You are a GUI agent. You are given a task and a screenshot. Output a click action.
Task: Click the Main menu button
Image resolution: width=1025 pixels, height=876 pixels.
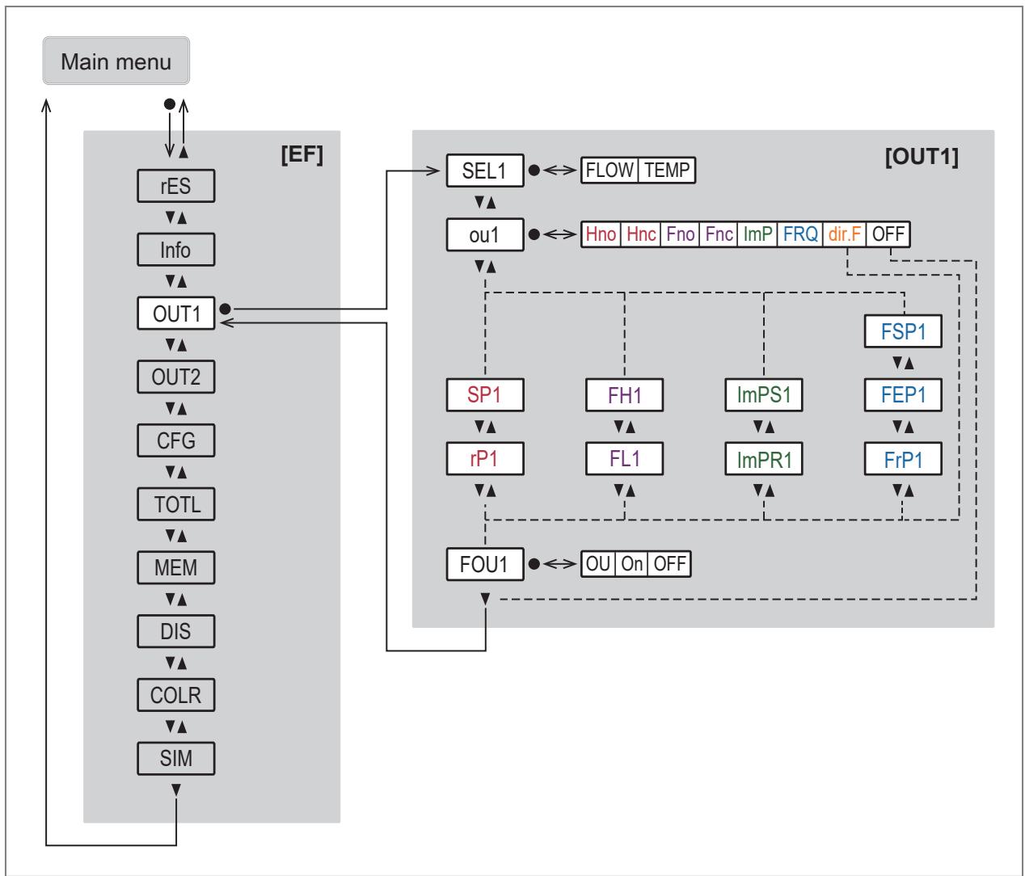pyautogui.click(x=116, y=61)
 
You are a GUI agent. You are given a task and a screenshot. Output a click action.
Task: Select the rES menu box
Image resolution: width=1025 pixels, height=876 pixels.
pyautogui.click(x=176, y=186)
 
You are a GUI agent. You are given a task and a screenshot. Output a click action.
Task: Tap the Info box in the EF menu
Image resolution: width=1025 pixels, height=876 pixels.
pyautogui.click(x=176, y=250)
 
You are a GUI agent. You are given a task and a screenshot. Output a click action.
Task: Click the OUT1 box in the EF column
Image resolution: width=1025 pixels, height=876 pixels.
pyautogui.click(x=176, y=314)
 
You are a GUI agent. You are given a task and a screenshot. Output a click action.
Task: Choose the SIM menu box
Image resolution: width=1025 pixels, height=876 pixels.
pyautogui.click(x=176, y=758)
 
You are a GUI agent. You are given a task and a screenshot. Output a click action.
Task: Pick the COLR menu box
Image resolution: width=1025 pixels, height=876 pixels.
pyautogui.click(x=176, y=694)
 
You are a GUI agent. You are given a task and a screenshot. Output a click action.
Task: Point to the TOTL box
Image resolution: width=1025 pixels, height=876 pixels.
pyautogui.click(x=176, y=503)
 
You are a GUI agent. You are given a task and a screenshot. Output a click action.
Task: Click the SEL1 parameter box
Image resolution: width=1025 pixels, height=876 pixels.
pyautogui.click(x=485, y=171)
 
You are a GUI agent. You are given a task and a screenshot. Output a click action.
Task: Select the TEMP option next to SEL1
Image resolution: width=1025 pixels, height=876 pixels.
pyautogui.click(x=667, y=170)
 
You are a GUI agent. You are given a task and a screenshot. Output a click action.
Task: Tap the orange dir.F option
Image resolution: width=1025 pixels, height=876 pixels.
pyautogui.click(x=845, y=234)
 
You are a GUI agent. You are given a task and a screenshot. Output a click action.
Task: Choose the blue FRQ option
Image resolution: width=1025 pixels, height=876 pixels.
pyautogui.click(x=800, y=234)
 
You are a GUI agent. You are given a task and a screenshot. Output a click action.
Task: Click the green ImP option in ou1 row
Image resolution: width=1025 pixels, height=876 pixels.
pyautogui.click(x=757, y=234)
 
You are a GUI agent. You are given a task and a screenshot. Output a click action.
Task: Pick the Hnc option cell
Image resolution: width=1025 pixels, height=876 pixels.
pyautogui.click(x=641, y=234)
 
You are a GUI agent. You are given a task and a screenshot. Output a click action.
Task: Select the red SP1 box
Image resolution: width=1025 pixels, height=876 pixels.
pyautogui.click(x=485, y=395)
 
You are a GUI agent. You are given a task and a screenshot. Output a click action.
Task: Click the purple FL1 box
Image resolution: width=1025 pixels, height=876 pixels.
pyautogui.click(x=624, y=458)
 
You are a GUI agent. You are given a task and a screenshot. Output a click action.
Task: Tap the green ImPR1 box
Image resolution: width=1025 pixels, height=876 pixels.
pyautogui.click(x=764, y=458)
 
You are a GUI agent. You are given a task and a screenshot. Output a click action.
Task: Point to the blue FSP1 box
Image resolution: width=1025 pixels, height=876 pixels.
pyautogui.click(x=903, y=331)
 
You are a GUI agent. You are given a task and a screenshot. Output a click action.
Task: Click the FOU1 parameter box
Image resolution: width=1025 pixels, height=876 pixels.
pyautogui.click(x=485, y=564)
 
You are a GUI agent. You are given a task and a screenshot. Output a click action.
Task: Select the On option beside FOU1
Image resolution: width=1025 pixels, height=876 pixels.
pyautogui.click(x=632, y=564)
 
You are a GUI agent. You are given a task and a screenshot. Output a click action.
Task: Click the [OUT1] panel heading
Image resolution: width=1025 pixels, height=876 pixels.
pyautogui.click(x=922, y=157)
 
